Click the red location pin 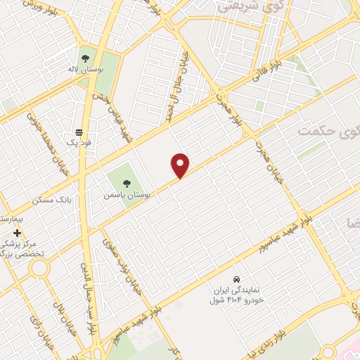[181, 165]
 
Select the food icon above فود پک [79, 131]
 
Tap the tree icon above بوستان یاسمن [127, 184]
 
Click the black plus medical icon [17, 233]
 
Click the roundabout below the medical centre [39, 268]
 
